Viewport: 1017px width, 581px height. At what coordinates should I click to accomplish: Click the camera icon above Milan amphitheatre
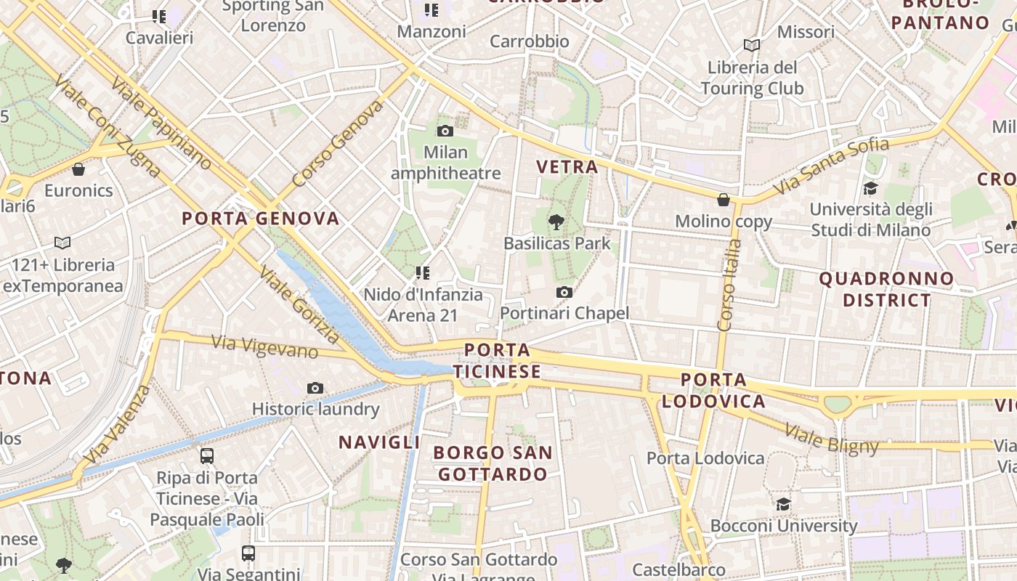pyautogui.click(x=445, y=131)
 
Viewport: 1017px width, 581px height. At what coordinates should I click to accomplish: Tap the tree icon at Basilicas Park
pyautogui.click(x=557, y=222)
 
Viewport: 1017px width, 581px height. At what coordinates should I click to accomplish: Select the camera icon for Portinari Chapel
pyautogui.click(x=564, y=292)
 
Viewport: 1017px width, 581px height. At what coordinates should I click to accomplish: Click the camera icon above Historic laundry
pyautogui.click(x=315, y=389)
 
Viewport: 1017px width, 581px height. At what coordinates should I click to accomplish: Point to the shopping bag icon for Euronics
pyautogui.click(x=78, y=170)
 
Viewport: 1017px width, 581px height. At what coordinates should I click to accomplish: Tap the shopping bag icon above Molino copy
pyautogui.click(x=724, y=200)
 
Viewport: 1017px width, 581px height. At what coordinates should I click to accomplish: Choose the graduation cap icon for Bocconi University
pyautogui.click(x=783, y=504)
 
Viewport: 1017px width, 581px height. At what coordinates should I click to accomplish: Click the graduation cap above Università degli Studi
pyautogui.click(x=870, y=189)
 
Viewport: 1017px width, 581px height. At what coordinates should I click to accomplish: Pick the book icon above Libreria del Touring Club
pyautogui.click(x=752, y=46)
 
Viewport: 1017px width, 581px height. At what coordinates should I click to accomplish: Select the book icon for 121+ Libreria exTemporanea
pyautogui.click(x=62, y=243)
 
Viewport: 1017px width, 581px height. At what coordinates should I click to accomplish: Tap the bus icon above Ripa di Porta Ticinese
pyautogui.click(x=207, y=456)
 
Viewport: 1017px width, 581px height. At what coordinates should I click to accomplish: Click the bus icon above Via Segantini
pyautogui.click(x=248, y=553)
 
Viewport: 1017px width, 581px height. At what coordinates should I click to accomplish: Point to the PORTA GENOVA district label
pyautogui.click(x=261, y=219)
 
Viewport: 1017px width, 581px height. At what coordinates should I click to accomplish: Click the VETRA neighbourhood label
pyautogui.click(x=567, y=167)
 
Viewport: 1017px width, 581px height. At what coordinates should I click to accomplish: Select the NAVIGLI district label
pyautogui.click(x=379, y=442)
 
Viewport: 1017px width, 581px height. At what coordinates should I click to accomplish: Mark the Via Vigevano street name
pyautogui.click(x=264, y=346)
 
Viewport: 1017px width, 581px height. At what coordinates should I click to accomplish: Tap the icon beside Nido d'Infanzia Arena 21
pyautogui.click(x=422, y=273)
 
